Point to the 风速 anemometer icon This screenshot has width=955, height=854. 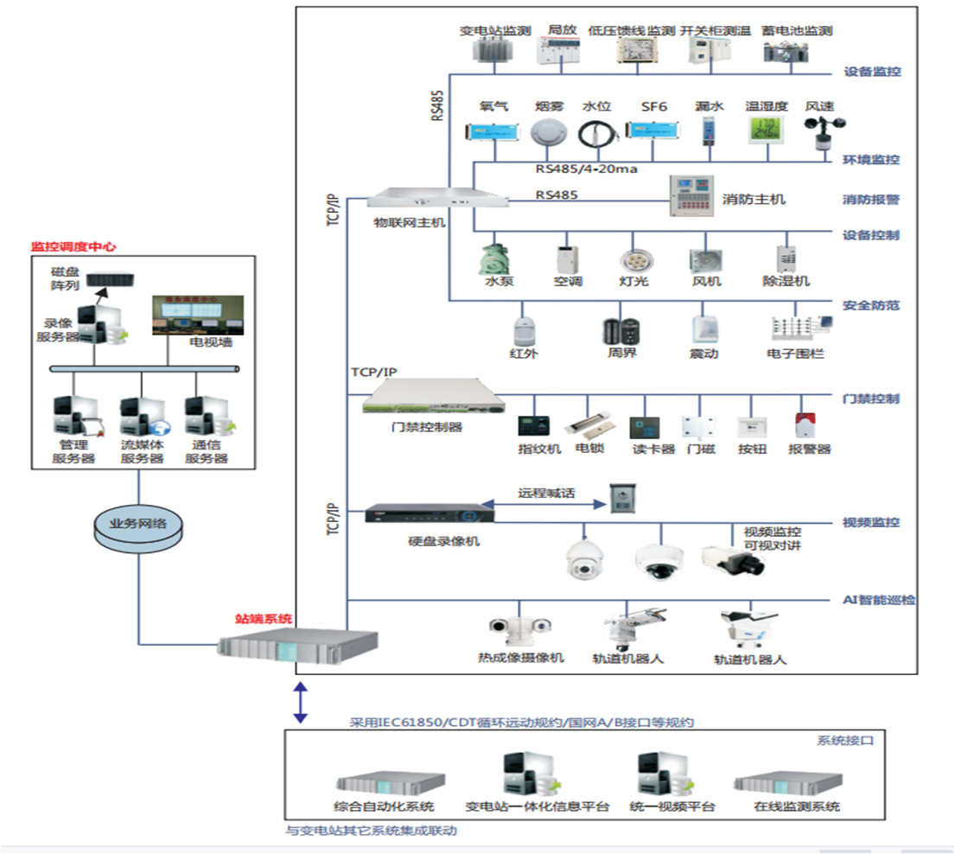pyautogui.click(x=819, y=131)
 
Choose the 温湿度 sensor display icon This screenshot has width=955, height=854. pyautogui.click(x=767, y=130)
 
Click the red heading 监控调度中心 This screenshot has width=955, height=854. pyautogui.click(x=73, y=246)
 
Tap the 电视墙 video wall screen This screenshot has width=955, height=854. pyautogui.click(x=198, y=315)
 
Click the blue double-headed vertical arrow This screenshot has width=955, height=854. pyautogui.click(x=300, y=701)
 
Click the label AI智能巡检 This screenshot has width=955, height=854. pyautogui.click(x=879, y=599)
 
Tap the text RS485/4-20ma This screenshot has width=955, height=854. pyautogui.click(x=586, y=169)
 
